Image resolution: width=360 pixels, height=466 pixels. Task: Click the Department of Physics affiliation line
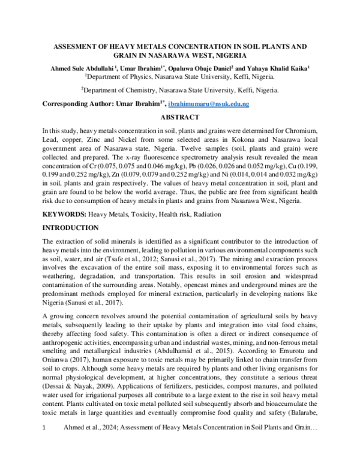[x=179, y=77]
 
